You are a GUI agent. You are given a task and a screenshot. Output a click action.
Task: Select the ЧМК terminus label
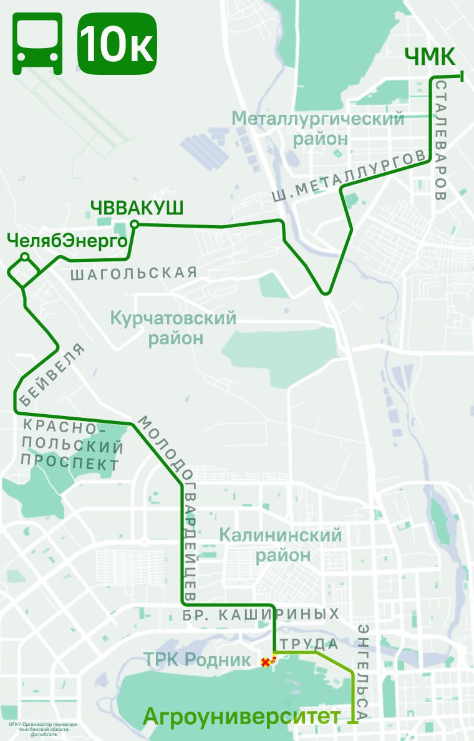pos(430,57)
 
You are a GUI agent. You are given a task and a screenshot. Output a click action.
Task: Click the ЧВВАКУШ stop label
pos(137,208)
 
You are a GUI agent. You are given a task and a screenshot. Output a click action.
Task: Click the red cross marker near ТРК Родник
pos(266,662)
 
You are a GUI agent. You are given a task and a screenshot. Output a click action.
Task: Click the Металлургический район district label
pos(318,128)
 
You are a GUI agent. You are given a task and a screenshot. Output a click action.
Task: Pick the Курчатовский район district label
pos(173,328)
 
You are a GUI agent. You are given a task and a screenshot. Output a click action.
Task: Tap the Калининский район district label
pos(281,545)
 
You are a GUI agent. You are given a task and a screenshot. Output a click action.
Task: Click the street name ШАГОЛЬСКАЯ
pos(133,273)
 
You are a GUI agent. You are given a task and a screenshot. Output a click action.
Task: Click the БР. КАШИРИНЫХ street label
pos(261,614)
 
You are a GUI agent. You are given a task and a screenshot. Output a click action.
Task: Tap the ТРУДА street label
pos(309,644)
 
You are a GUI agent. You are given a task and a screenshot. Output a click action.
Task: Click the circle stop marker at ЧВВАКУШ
pos(133,225)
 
